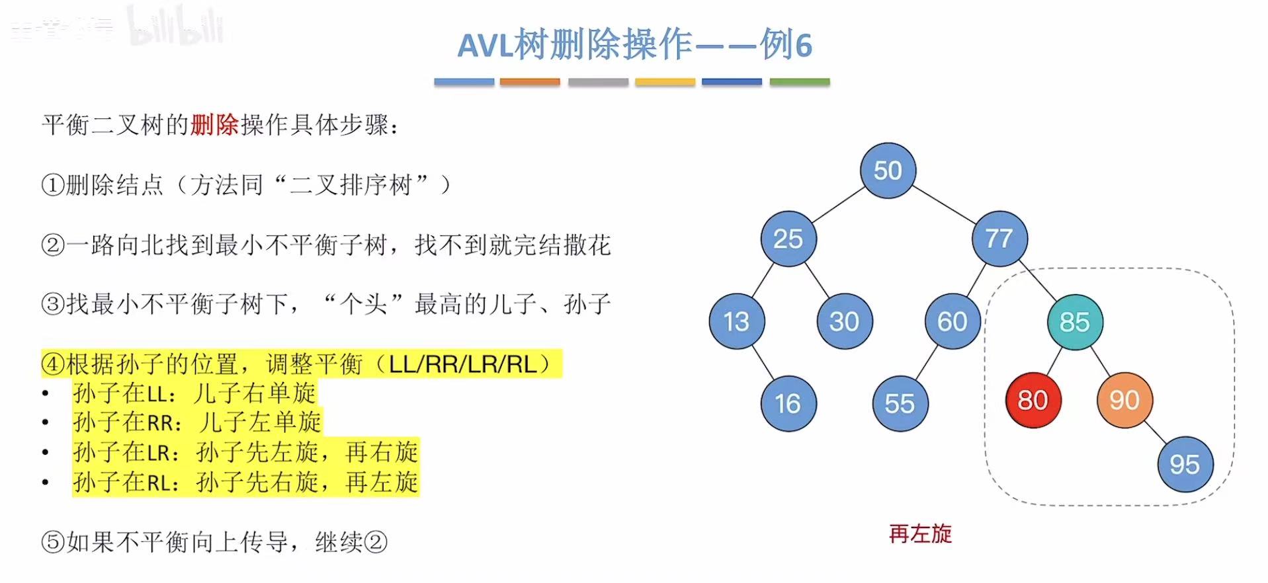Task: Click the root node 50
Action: (x=888, y=171)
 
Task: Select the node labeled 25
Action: (x=788, y=239)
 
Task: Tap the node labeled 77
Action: (x=999, y=239)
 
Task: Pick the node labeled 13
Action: (x=736, y=321)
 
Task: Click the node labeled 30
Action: (x=844, y=321)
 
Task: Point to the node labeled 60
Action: (x=952, y=321)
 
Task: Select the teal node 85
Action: (x=1074, y=322)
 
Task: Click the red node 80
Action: (x=1033, y=400)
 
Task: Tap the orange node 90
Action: (x=1124, y=400)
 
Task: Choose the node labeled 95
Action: (x=1184, y=464)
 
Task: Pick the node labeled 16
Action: (x=788, y=403)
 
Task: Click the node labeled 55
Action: (x=900, y=403)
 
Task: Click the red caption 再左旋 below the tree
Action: (x=920, y=533)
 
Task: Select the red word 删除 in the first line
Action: (x=214, y=125)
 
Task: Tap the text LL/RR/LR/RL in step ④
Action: (x=462, y=364)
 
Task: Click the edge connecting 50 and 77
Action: (x=944, y=204)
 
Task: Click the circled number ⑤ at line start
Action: (x=53, y=543)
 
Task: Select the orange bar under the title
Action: (x=530, y=82)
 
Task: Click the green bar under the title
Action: (x=799, y=82)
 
